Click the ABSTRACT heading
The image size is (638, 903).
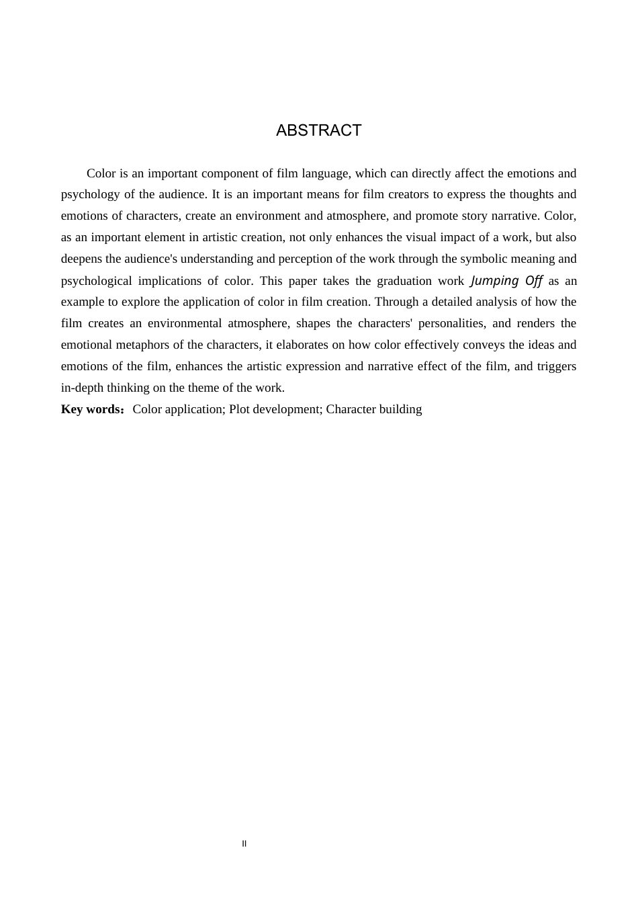tap(318, 130)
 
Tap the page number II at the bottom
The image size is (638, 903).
tap(244, 844)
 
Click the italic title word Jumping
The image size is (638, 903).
tap(495, 280)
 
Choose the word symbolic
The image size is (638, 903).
tap(483, 259)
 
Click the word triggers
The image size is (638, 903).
tap(557, 366)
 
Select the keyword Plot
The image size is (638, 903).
tap(240, 409)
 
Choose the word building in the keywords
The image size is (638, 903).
tap(400, 409)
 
